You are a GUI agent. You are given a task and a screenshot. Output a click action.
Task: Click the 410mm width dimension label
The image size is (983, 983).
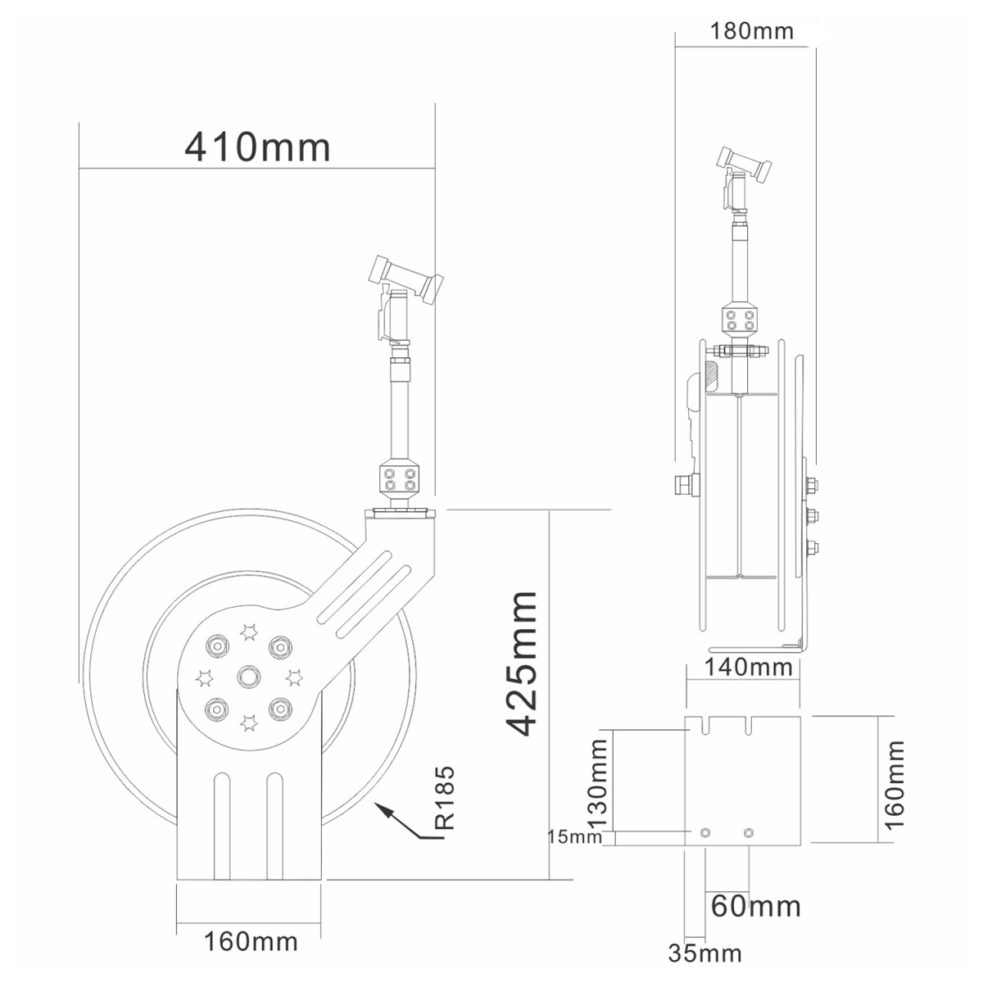point(257,148)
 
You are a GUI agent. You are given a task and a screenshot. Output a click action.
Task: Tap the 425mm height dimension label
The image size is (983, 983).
point(521,664)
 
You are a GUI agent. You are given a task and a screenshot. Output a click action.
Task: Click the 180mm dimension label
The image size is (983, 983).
point(752,32)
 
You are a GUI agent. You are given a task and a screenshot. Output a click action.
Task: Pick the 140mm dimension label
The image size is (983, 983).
point(749,668)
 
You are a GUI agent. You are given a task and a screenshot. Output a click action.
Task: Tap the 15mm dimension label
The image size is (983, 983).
point(574,836)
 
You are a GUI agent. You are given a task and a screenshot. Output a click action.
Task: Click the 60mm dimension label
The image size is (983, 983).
point(755,906)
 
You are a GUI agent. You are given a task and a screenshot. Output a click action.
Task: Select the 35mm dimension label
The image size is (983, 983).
point(705,954)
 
